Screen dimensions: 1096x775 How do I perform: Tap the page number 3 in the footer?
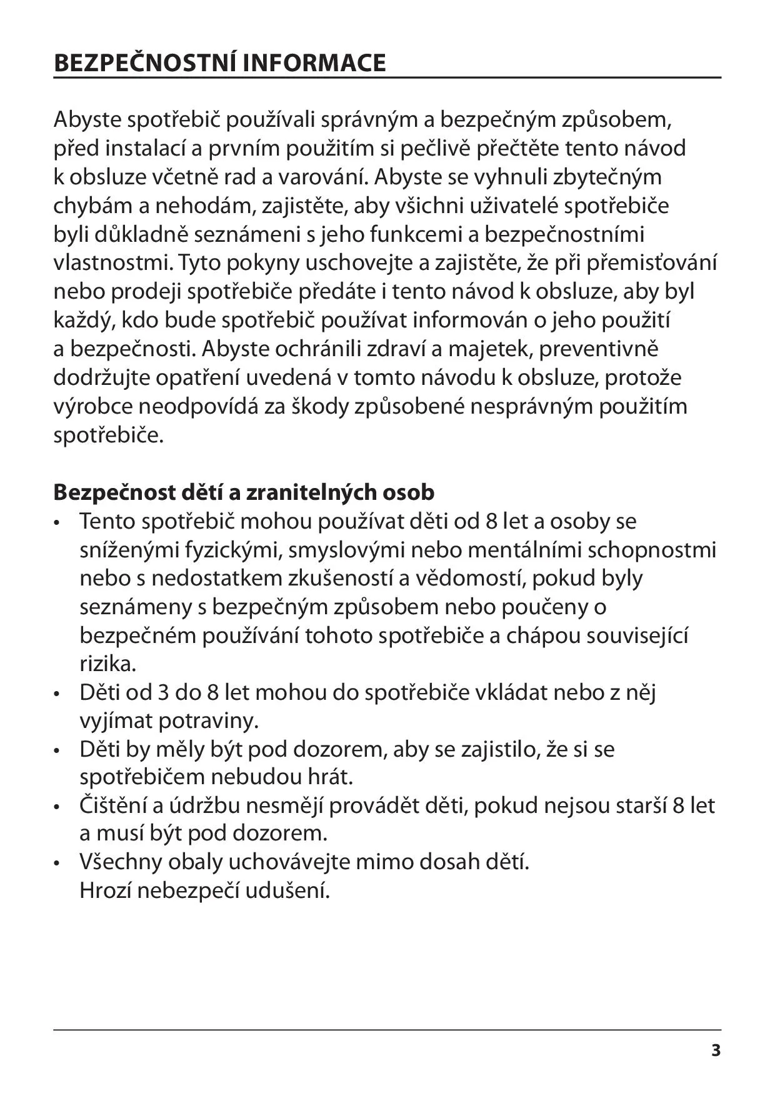click(x=716, y=1050)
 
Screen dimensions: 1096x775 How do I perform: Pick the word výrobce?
click(x=92, y=406)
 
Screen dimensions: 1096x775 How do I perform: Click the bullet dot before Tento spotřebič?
click(x=57, y=522)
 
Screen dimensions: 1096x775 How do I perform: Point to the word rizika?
click(x=107, y=664)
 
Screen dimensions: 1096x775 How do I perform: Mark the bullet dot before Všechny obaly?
click(x=57, y=864)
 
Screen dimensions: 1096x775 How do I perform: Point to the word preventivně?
click(x=599, y=349)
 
